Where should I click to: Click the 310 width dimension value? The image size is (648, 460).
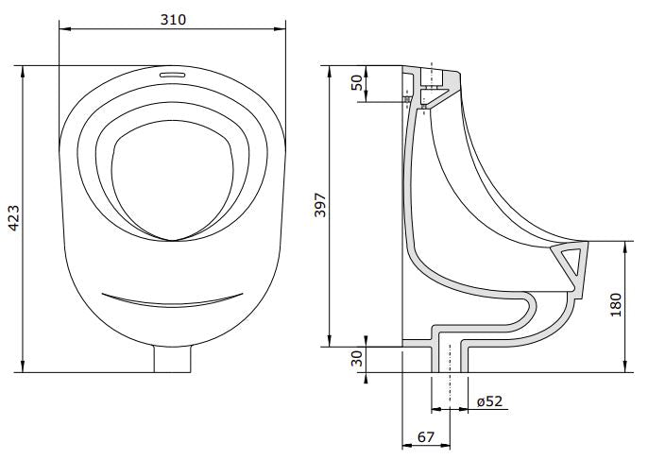172,18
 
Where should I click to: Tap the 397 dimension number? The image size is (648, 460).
319,206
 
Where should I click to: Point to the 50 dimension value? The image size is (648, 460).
357,83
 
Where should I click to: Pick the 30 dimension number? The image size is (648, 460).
356,359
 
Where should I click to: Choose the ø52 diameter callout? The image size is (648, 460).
489,400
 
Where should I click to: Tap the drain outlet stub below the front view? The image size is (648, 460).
172,359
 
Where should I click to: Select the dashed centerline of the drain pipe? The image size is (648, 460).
449,378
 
